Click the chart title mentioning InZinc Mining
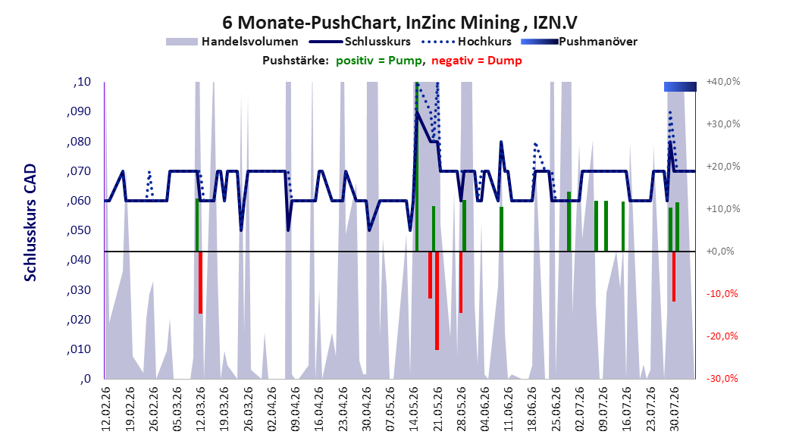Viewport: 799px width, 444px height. (x=399, y=23)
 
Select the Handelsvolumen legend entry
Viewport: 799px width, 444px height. (x=233, y=42)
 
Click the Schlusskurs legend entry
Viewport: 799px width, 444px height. (x=360, y=42)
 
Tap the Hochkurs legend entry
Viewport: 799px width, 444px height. (x=466, y=42)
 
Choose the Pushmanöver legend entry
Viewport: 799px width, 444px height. (x=579, y=42)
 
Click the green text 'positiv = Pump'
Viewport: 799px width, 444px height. (x=379, y=61)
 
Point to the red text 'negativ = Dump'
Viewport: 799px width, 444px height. (x=477, y=61)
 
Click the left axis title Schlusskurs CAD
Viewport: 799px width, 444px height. (x=30, y=223)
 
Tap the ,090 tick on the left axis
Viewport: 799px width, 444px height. (x=79, y=111)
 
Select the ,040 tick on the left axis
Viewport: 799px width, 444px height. (x=79, y=260)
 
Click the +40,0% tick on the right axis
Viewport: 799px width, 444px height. (x=723, y=82)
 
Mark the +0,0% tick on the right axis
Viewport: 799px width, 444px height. (x=720, y=252)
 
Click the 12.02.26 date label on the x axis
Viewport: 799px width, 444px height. (x=106, y=409)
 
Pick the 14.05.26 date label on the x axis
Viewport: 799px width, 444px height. (x=414, y=409)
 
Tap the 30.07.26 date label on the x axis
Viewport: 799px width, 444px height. (x=674, y=409)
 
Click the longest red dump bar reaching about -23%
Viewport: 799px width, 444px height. (x=437, y=300)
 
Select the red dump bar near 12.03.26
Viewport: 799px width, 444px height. (x=201, y=283)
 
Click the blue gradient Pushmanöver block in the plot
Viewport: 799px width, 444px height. (x=680, y=86)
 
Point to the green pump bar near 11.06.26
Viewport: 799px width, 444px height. (x=501, y=229)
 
